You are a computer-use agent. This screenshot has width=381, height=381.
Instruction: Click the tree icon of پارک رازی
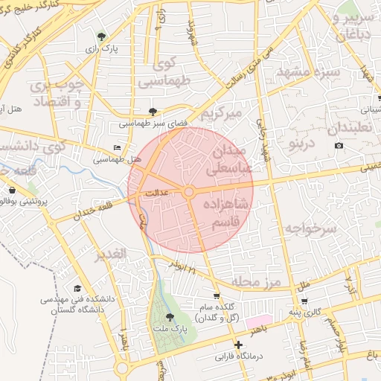[x=101, y=36]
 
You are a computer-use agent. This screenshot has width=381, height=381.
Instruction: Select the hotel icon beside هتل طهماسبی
[x=116, y=148]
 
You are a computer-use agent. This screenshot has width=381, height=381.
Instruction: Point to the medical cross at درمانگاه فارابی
[x=238, y=345]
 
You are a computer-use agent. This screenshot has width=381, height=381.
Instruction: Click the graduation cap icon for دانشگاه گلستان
[x=77, y=289]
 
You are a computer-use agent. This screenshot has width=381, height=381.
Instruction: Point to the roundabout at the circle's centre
[x=189, y=192]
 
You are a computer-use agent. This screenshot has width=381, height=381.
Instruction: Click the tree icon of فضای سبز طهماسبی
[x=153, y=111]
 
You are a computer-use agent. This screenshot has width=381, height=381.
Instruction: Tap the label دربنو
[x=302, y=141]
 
